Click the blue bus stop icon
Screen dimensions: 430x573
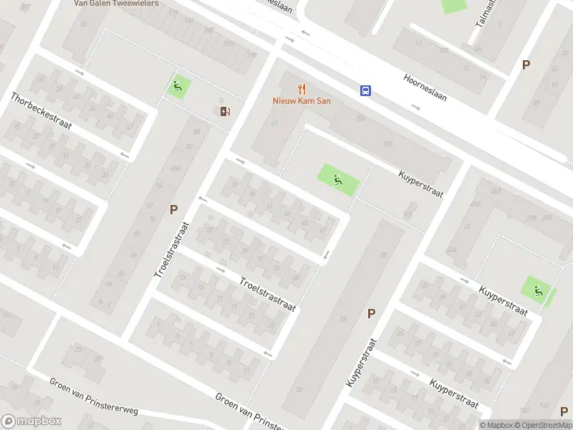(x=365, y=90)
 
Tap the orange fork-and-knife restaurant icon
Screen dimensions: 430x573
(x=302, y=90)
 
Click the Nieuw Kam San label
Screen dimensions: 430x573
(x=302, y=101)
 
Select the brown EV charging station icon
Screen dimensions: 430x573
(x=226, y=110)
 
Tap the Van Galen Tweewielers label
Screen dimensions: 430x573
(x=116, y=3)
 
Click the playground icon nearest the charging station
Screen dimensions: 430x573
(x=178, y=87)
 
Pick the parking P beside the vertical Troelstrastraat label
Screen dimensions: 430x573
(x=173, y=209)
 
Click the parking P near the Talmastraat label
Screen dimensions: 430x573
(x=526, y=64)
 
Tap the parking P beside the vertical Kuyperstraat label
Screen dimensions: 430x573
(x=371, y=313)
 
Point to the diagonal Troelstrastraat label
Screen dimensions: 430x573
(x=267, y=295)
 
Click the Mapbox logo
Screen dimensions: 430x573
(x=31, y=421)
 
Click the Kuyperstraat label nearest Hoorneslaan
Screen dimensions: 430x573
(x=421, y=185)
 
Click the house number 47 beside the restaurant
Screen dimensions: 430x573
(x=274, y=123)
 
